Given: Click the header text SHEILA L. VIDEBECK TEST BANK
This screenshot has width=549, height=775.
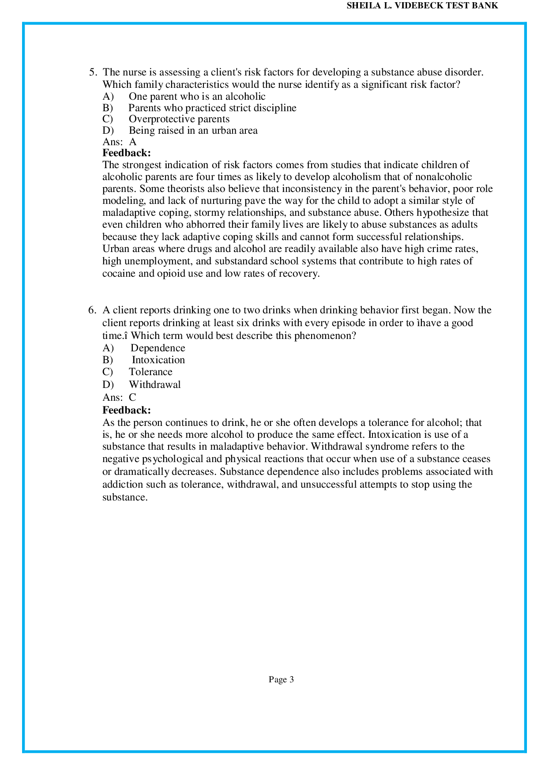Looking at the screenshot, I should (422, 6).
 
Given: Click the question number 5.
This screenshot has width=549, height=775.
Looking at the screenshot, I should (92, 72).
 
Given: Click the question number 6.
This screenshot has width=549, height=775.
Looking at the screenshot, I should (92, 310).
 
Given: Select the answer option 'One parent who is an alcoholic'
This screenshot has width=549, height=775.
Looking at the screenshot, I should (197, 96).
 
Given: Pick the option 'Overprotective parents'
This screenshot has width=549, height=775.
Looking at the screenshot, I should (179, 119).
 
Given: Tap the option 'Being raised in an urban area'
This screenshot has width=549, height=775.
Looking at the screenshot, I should (193, 131).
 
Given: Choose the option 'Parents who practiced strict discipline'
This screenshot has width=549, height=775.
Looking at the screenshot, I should (212, 108).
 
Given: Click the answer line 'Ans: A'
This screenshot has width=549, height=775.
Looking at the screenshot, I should (119, 142).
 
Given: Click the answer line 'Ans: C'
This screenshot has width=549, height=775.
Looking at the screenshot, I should (119, 397).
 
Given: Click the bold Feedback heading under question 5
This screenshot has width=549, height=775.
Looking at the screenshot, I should (127, 153).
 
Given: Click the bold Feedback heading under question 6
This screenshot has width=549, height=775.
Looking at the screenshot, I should (127, 410).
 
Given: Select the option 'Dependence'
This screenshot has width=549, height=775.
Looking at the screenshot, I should (158, 348).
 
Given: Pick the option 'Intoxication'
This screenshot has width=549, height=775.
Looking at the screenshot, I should (158, 360).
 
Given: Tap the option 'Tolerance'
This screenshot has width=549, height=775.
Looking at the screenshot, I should (150, 372).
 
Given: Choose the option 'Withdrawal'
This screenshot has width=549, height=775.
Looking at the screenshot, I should (154, 385).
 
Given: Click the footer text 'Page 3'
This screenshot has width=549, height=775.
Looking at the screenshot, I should (281, 680).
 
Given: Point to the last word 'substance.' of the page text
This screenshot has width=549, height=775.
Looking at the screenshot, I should (125, 497).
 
